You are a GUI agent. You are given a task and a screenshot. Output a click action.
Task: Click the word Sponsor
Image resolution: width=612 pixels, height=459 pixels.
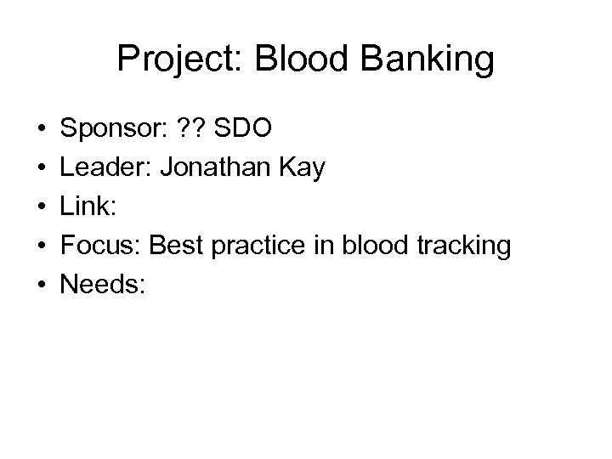point(113,129)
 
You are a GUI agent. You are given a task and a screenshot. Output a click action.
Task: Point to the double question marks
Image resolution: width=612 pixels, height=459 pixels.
point(196,129)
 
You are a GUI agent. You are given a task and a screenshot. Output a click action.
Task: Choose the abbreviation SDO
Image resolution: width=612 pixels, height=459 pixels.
point(245,129)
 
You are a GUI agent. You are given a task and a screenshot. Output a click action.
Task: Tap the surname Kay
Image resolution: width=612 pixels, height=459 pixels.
point(304,168)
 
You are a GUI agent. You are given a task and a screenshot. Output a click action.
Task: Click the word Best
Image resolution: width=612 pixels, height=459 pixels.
point(175,246)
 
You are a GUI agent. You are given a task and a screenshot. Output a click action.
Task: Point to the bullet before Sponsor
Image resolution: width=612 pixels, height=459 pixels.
point(41,130)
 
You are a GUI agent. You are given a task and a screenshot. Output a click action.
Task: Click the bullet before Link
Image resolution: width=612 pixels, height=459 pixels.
point(41,208)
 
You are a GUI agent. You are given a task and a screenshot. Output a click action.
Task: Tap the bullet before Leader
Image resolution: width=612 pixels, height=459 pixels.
point(41,169)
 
